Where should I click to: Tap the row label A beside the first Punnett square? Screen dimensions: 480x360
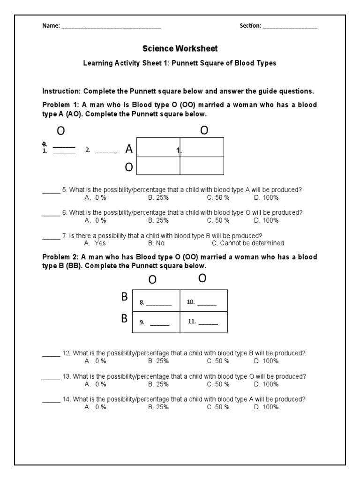click(x=129, y=149)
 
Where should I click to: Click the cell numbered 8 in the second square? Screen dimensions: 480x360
click(x=156, y=302)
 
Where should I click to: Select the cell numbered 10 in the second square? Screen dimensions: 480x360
click(x=204, y=302)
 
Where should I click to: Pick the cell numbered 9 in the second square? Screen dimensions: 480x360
click(x=156, y=322)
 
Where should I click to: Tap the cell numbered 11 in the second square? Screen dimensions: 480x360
click(x=204, y=322)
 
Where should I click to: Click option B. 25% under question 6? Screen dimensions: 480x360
click(x=158, y=220)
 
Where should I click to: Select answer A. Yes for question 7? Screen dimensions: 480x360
click(x=95, y=243)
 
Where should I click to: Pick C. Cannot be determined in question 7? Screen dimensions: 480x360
click(x=247, y=243)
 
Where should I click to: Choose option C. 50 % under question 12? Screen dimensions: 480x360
click(x=218, y=361)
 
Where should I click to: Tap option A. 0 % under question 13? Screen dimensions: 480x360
click(x=95, y=384)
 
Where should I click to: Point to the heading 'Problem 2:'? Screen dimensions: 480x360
click(x=60, y=257)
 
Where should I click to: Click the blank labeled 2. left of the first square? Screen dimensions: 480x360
click(x=107, y=151)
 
